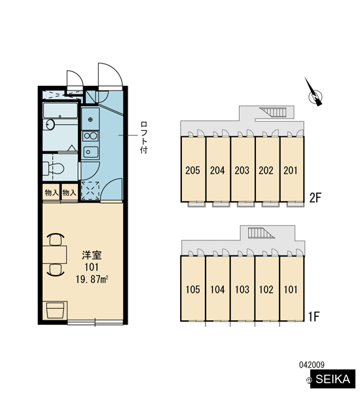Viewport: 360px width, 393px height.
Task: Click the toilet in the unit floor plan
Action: tap(54, 168)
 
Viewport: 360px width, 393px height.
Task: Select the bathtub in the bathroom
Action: tap(60, 110)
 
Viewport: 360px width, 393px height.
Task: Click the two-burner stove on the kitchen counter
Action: tap(90, 136)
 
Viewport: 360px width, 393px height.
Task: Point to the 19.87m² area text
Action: tap(92, 279)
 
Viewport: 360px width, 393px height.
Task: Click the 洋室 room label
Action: tap(92, 255)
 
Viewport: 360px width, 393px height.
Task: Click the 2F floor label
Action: tap(315, 198)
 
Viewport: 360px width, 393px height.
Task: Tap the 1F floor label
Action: tap(314, 317)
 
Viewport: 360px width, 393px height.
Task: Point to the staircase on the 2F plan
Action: tap(273, 112)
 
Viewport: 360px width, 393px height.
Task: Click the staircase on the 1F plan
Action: tap(261, 233)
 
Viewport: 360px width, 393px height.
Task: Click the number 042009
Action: tap(312, 365)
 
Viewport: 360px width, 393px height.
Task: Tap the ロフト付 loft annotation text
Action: tap(144, 138)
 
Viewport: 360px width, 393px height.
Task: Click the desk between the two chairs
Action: tap(54, 255)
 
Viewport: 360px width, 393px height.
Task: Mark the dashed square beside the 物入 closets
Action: tap(90, 191)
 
